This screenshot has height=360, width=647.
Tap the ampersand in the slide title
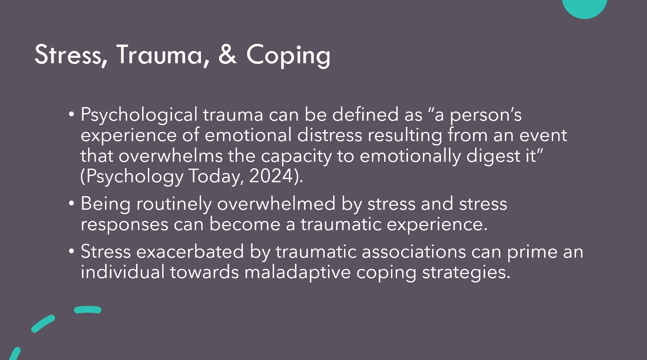click(227, 54)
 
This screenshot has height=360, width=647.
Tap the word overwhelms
click(170, 156)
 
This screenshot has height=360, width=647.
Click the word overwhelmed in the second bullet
click(276, 204)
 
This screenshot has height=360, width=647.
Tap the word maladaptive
click(297, 273)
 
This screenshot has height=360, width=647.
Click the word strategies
click(466, 273)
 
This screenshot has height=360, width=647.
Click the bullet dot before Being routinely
click(71, 203)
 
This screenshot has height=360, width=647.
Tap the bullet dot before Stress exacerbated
click(71, 251)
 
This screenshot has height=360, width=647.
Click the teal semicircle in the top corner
click(584, 7)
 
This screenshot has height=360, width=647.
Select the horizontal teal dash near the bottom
click(88, 310)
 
